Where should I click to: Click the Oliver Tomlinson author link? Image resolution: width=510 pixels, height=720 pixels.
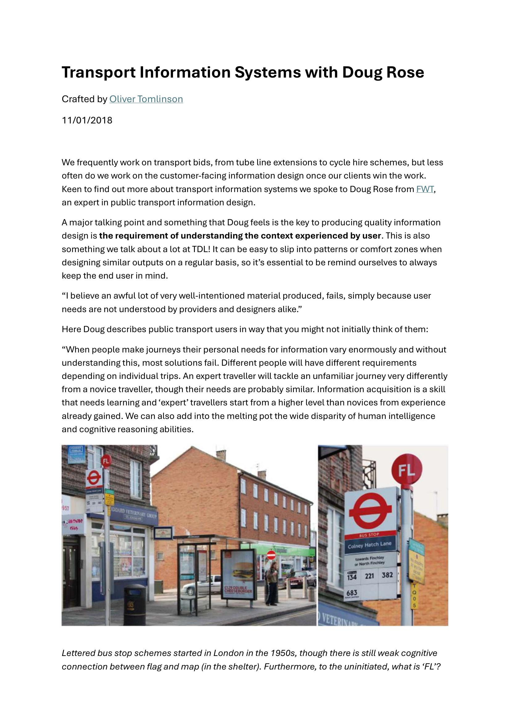[x=146, y=99]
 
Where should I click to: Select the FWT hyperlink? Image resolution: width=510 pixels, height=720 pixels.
[x=425, y=189]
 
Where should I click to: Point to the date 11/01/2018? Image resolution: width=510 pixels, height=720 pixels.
[x=87, y=120]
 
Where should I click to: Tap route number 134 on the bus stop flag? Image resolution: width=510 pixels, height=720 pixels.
[x=352, y=576]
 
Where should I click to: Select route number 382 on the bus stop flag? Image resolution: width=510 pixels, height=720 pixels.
[x=387, y=575]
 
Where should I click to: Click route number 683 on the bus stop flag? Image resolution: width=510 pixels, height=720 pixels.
[x=352, y=592]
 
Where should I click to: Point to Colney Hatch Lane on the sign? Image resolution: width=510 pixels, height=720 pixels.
[x=369, y=546]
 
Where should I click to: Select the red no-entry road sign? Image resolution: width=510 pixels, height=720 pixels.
[x=271, y=555]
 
